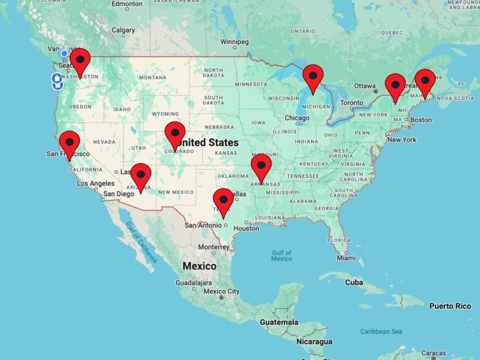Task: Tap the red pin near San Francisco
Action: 70,142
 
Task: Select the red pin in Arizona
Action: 141,174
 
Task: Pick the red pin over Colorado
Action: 175,133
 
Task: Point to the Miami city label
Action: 346,258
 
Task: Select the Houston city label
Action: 246,228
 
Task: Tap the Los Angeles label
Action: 95,184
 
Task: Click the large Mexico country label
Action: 199,266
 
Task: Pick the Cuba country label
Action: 354,282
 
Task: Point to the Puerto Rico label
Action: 450,306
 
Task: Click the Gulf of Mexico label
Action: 281,256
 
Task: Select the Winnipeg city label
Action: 235,42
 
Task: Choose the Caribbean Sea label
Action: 381,331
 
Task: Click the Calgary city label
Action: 123,30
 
